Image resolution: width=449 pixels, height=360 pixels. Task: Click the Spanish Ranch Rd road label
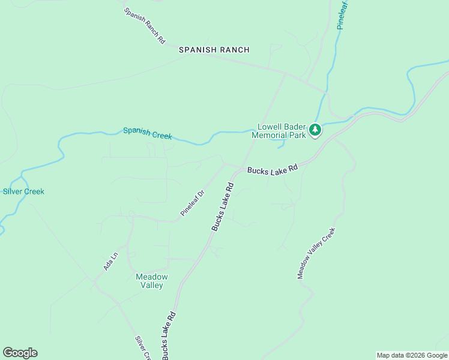tap(145, 25)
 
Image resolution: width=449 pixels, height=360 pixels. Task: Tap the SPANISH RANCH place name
tap(214, 50)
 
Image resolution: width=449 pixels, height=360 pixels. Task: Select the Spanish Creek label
tap(148, 133)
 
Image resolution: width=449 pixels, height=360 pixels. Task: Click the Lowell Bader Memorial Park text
tap(282, 131)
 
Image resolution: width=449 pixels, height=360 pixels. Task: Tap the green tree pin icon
tap(315, 130)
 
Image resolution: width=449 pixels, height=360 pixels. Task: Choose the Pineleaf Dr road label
tap(193, 203)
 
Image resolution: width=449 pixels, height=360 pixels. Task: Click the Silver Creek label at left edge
tap(23, 191)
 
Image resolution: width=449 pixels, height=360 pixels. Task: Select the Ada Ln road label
tap(110, 261)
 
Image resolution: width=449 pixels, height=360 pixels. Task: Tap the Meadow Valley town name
tap(152, 281)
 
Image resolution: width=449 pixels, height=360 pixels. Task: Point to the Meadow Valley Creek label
tap(315, 253)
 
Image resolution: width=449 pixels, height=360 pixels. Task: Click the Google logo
tap(20, 353)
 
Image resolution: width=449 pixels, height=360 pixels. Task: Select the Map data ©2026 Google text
tap(412, 355)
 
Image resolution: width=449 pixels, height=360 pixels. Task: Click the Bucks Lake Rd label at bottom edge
tap(167, 335)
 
